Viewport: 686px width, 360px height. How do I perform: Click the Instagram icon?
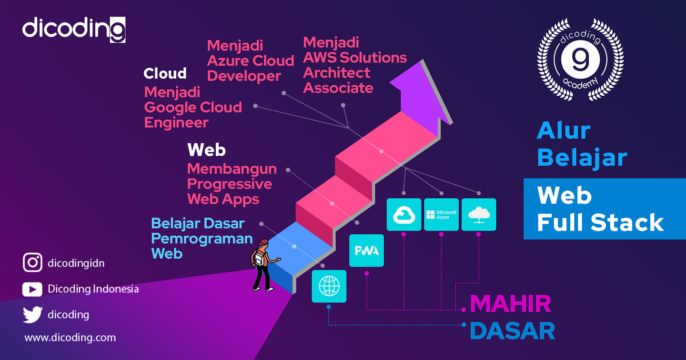coord(32,262)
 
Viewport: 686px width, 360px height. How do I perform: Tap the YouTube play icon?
coord(32,290)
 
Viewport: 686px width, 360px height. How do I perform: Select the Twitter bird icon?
coord(33,314)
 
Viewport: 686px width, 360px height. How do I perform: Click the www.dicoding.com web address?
coord(70,337)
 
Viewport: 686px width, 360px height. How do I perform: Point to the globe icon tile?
coord(329,286)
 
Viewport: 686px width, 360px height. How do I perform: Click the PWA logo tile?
coord(366,250)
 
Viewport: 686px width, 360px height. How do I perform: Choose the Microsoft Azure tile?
coord(441,214)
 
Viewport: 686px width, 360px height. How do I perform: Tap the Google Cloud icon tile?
coord(404,214)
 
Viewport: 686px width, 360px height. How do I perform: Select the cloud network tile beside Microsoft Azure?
coord(479,214)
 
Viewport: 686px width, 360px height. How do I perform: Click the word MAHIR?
coord(511,304)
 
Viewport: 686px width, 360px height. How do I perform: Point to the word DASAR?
coord(513,330)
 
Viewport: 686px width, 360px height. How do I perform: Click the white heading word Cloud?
coord(165,73)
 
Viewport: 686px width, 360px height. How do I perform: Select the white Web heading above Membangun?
coord(206,150)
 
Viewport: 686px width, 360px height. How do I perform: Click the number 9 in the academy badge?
coord(580,59)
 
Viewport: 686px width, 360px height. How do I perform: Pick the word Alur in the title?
coord(564,130)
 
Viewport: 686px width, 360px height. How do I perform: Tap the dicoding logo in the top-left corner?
coord(74,30)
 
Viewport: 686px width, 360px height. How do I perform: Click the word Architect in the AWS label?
coord(336,73)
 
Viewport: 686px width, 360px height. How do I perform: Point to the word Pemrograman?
coord(202,239)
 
